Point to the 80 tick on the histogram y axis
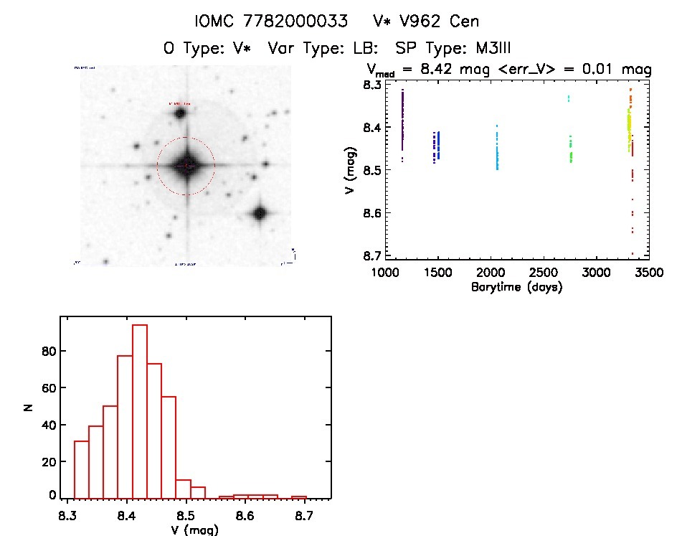(x=49, y=351)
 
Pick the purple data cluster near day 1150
(x=403, y=122)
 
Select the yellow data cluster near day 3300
(x=629, y=129)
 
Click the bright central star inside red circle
(x=186, y=166)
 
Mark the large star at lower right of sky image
(x=259, y=213)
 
